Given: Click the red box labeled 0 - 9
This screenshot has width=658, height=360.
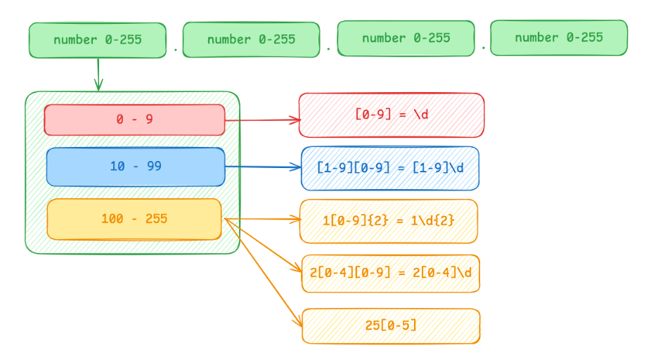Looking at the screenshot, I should click(134, 120).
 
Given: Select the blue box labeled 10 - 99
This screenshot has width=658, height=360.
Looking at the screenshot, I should click(135, 167).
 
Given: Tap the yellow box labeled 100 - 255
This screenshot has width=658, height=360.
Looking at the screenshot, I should click(134, 219).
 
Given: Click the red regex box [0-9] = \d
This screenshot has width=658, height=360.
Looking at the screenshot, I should click(392, 115).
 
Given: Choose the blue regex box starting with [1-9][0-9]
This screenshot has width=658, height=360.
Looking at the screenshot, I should click(390, 168).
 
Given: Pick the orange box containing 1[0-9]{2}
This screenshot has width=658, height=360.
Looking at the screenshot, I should click(389, 221).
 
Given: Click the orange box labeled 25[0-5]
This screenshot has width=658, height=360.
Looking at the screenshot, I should click(391, 326).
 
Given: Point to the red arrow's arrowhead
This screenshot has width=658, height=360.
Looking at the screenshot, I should click(297, 120).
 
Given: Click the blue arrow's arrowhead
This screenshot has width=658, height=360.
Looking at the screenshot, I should click(298, 167).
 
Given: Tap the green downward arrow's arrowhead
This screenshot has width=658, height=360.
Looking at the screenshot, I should click(98, 88).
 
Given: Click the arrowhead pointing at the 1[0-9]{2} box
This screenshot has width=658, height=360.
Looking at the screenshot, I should click(297, 220).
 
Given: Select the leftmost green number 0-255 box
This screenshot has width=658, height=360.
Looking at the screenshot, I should click(98, 40).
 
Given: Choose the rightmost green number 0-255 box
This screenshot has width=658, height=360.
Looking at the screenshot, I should click(559, 38).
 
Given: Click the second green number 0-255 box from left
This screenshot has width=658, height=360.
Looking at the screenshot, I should click(251, 39).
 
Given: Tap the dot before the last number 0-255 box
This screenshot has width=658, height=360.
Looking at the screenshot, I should click(484, 49).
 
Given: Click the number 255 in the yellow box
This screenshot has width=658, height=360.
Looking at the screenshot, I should click(156, 219).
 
